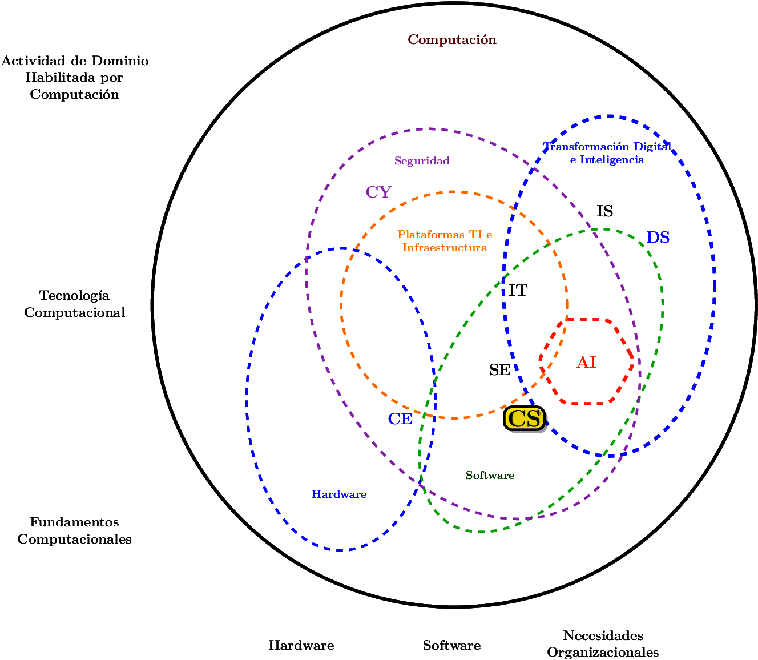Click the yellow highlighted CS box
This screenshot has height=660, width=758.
pyautogui.click(x=524, y=418)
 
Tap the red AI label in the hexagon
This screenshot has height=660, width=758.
pyautogui.click(x=586, y=362)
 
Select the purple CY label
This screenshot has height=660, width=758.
pyautogui.click(x=378, y=192)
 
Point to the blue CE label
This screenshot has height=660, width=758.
pyautogui.click(x=400, y=418)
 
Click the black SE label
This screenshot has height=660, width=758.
pyautogui.click(x=500, y=370)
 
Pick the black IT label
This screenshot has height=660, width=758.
pyautogui.click(x=518, y=290)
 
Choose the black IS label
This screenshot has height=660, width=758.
pyautogui.click(x=604, y=211)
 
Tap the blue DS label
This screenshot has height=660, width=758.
pyautogui.click(x=658, y=237)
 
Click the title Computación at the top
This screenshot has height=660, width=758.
pyautogui.click(x=452, y=39)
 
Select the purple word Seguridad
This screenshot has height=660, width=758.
pyautogui.click(x=422, y=160)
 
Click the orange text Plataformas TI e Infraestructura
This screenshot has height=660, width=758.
pyautogui.click(x=445, y=241)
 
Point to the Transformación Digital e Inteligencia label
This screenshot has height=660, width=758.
pyautogui.click(x=607, y=153)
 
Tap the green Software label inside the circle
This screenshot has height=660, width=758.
pyautogui.click(x=490, y=476)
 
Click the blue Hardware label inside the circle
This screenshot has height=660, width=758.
pyautogui.click(x=339, y=494)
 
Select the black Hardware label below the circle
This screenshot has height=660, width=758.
pyautogui.click(x=301, y=645)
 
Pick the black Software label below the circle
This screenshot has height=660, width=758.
pyautogui.click(x=452, y=645)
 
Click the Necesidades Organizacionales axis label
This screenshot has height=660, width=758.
pyautogui.click(x=603, y=643)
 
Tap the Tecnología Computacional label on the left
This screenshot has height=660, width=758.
pyautogui.click(x=74, y=304)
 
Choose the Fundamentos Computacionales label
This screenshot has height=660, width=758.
pyautogui.click(x=74, y=530)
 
